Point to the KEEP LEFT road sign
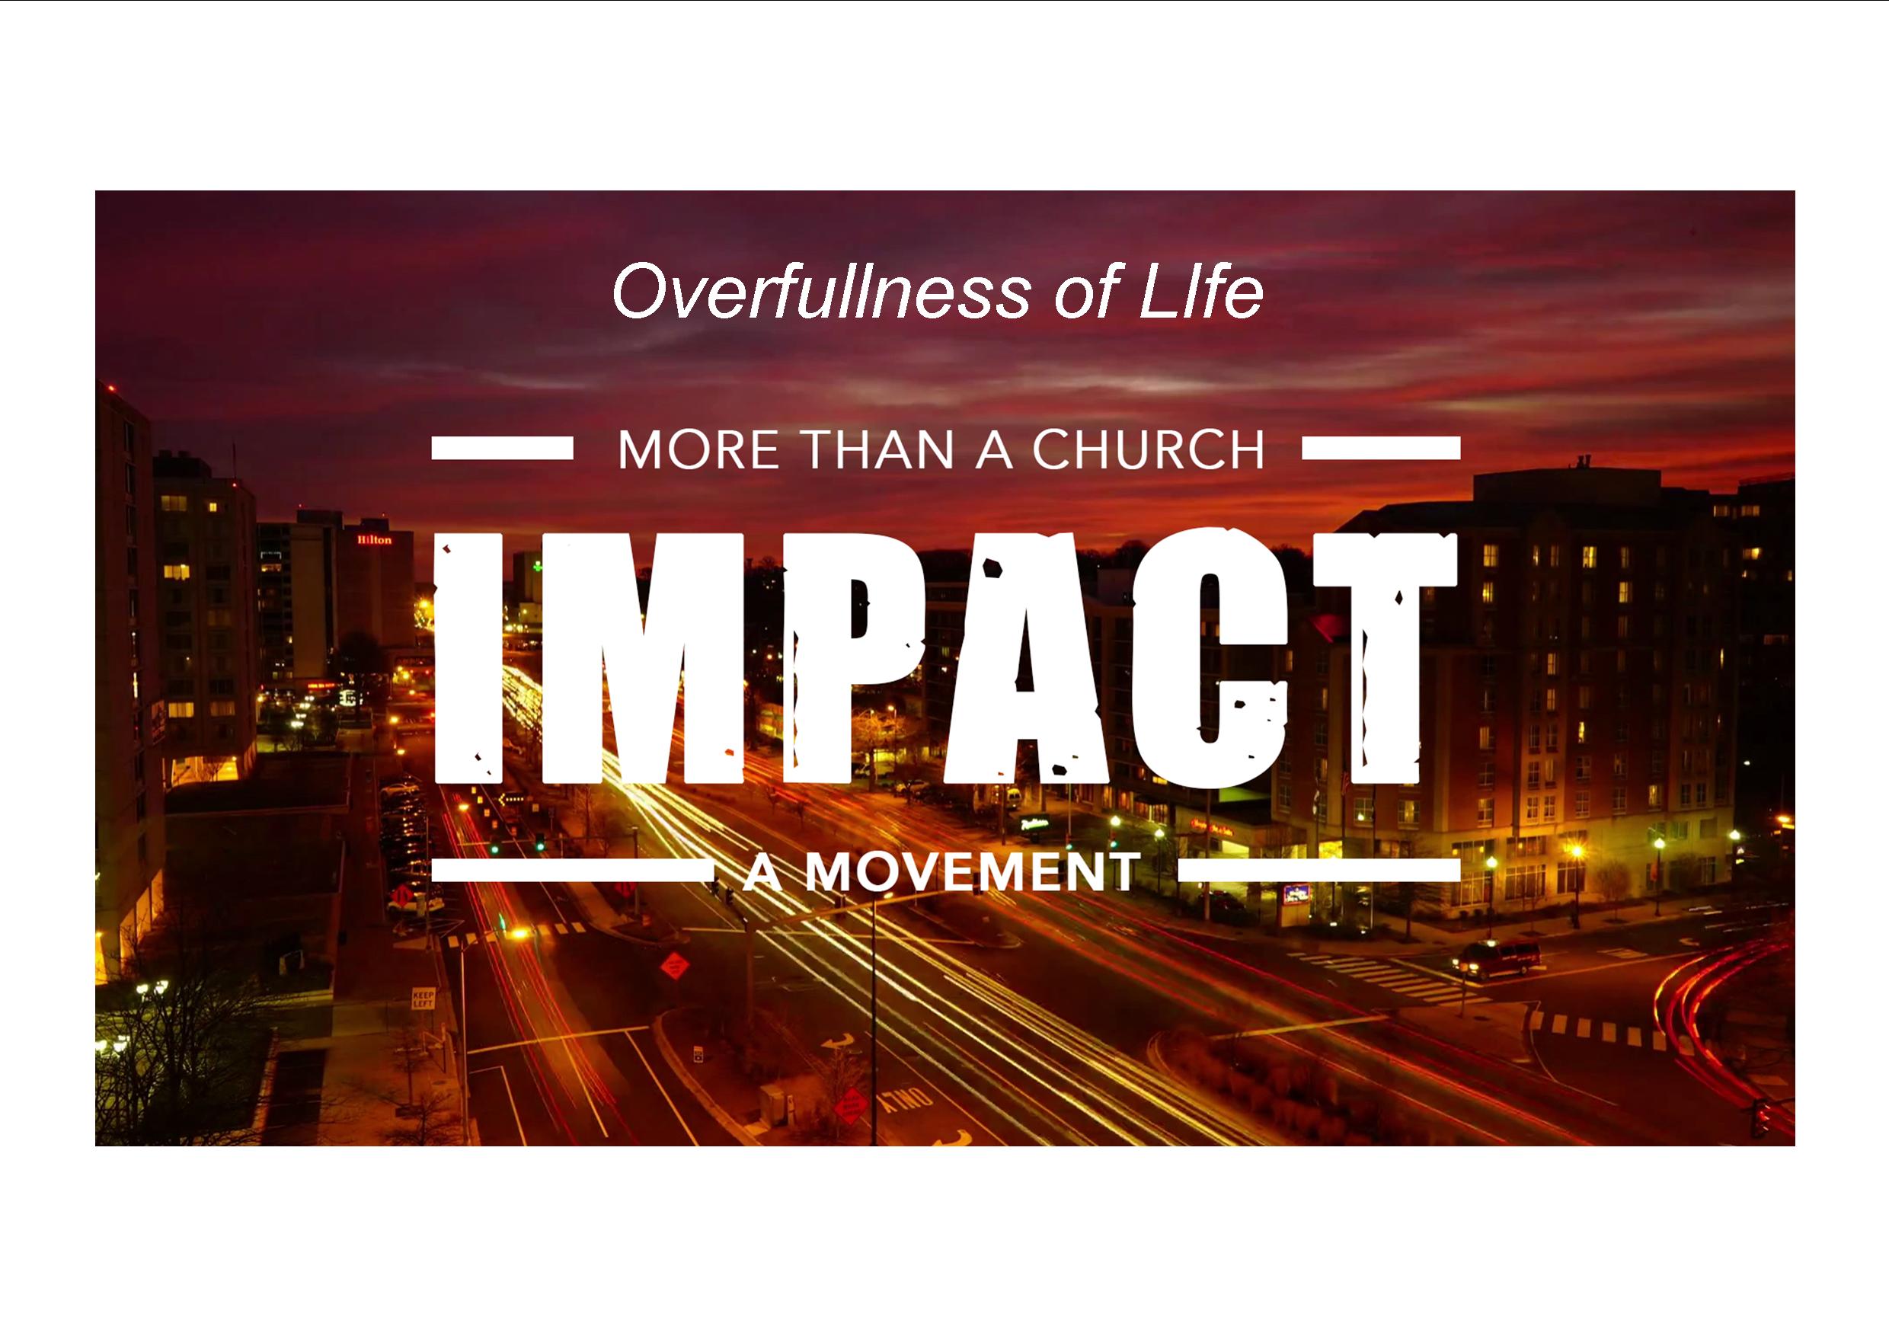tap(423, 999)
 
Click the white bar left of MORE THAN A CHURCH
tap(502, 449)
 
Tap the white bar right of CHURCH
tap(1382, 449)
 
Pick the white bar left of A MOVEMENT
tap(573, 871)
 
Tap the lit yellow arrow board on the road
tap(512, 797)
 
